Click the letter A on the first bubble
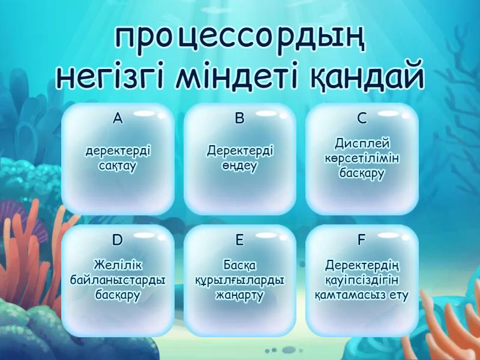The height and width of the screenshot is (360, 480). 118,118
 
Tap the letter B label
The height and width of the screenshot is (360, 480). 240,118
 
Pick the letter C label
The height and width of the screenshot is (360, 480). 362,118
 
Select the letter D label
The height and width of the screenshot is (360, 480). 118,241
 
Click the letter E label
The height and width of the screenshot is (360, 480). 240,241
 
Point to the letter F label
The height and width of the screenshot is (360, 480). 362,241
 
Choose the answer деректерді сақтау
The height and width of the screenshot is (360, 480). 118,157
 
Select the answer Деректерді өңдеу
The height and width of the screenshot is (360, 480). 240,157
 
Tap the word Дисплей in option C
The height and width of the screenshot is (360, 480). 362,144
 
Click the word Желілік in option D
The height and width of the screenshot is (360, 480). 118,265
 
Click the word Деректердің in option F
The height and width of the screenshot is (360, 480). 362,265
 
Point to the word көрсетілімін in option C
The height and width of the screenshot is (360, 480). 362,158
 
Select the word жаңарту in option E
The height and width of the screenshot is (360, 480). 240,296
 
